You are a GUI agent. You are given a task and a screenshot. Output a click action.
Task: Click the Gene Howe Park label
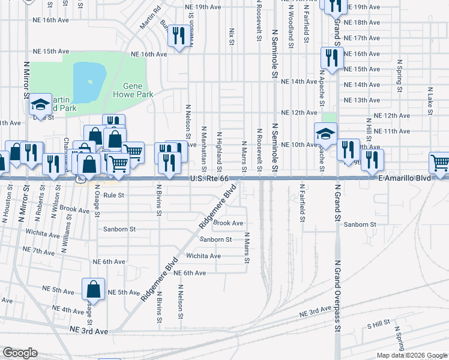click(138, 90)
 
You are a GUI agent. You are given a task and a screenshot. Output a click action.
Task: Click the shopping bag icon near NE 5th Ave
click(94, 290)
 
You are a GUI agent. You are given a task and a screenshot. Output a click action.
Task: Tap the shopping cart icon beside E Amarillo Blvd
click(440, 163)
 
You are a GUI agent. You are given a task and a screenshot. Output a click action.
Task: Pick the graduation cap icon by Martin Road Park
click(40, 105)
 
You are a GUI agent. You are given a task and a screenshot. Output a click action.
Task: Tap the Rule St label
click(113, 195)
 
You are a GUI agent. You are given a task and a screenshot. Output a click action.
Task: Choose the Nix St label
click(231, 35)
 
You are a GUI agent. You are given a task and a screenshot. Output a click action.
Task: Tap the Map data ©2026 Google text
click(411, 355)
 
